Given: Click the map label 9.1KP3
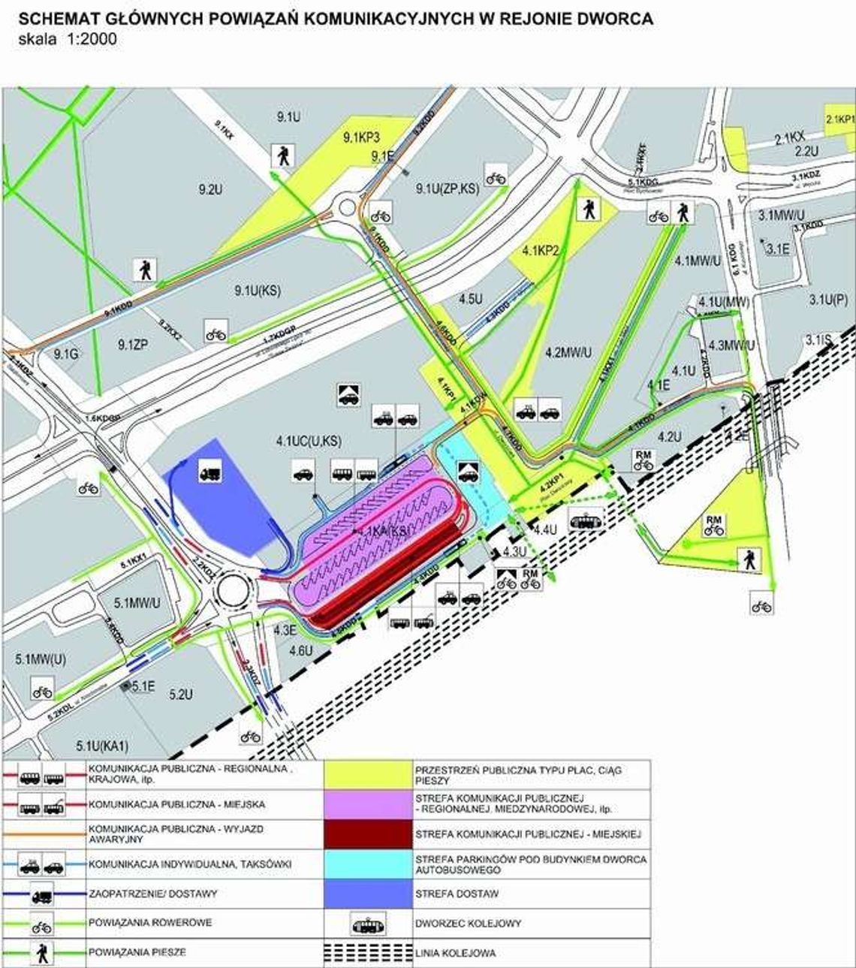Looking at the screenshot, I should pos(362,137).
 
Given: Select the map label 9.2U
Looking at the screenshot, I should pos(210,190).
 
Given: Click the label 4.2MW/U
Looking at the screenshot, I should pos(568,351).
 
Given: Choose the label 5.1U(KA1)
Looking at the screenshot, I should pos(103,746).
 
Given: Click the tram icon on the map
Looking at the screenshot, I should pos(584,519).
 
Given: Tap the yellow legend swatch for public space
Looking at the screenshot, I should pos(368,774).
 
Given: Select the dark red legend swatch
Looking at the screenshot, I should pos(368,834).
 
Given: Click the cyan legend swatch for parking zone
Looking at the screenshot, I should pos(368,864).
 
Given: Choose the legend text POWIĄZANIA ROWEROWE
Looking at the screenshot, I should pos(150,923).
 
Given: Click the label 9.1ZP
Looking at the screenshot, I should pos(133,345).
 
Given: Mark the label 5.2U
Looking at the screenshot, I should pos(181,695).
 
